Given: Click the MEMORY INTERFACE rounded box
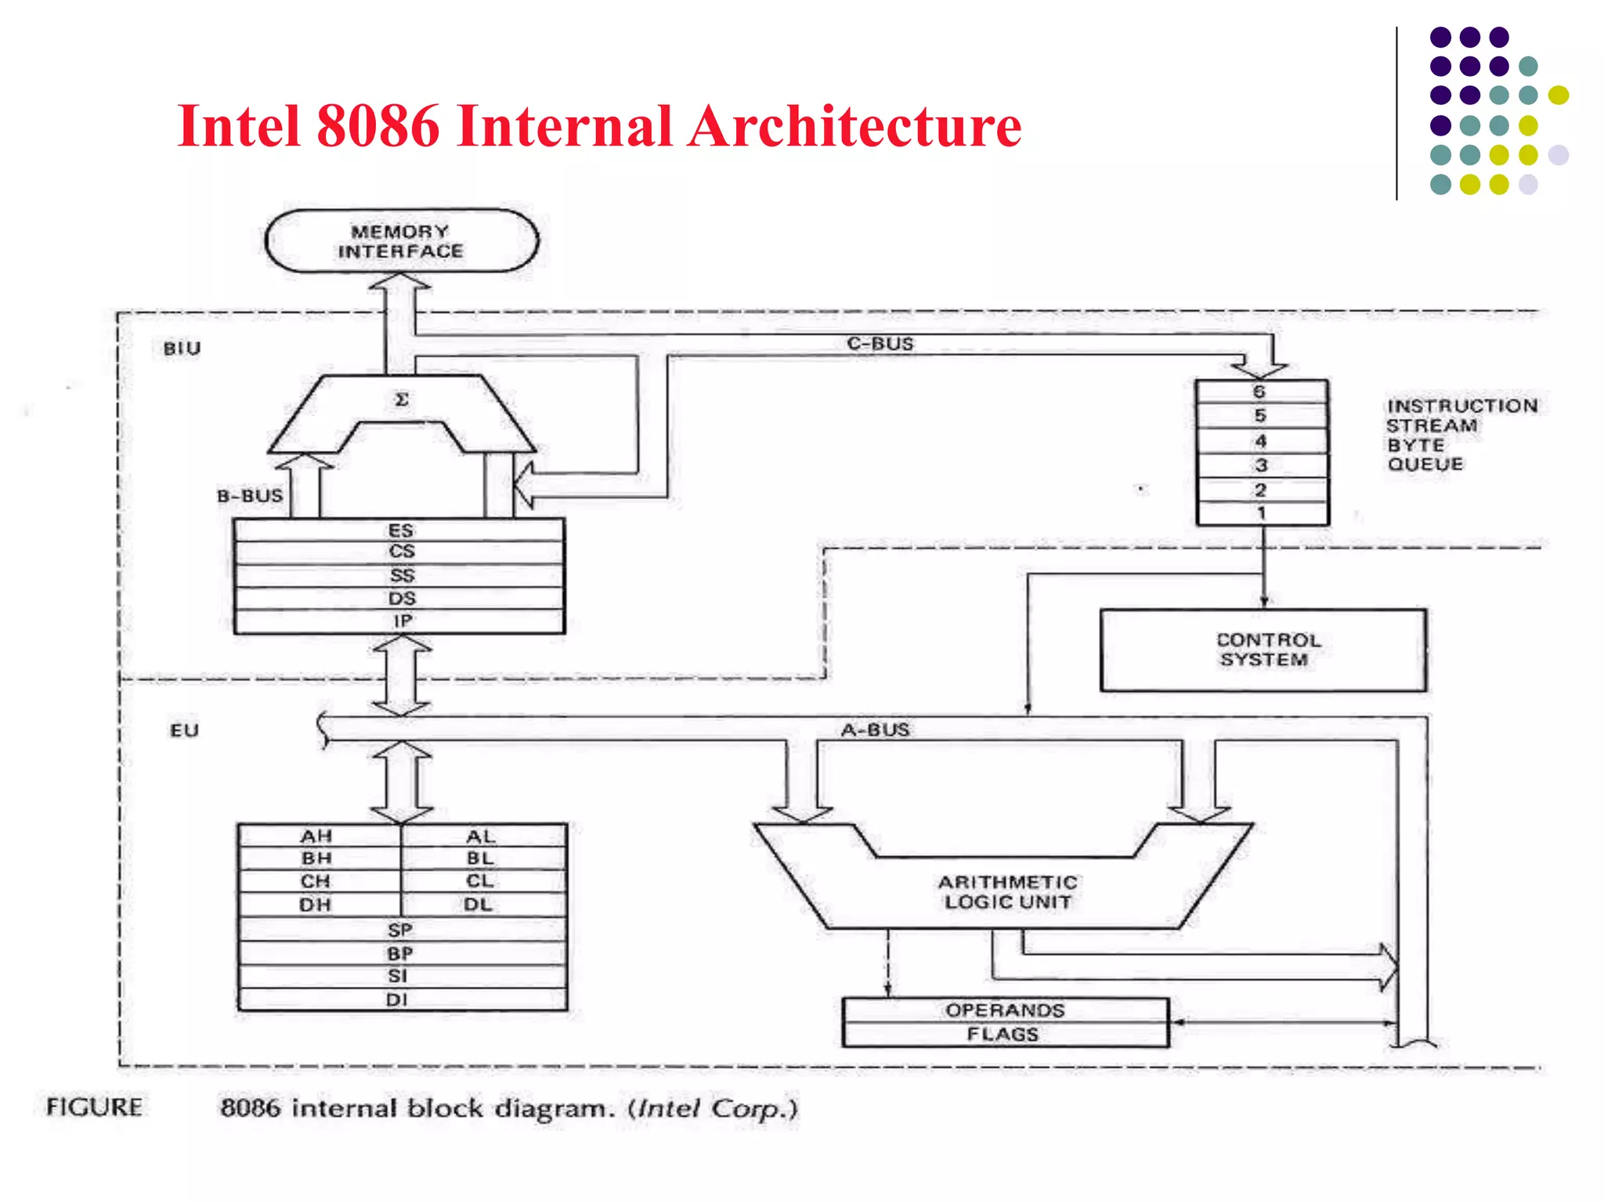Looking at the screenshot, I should click(x=401, y=241).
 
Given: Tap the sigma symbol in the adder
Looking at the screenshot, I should click(x=401, y=400).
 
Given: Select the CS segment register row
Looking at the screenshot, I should click(x=401, y=552).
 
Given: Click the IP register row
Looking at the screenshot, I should click(x=401, y=622).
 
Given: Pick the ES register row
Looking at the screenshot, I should click(x=401, y=530).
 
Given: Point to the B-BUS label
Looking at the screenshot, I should click(x=250, y=497).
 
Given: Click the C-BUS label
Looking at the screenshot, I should click(x=880, y=344).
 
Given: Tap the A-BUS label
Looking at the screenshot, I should click(x=875, y=730).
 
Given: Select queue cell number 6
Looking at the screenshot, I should click(x=1260, y=392).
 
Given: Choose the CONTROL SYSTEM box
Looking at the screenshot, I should click(x=1263, y=650).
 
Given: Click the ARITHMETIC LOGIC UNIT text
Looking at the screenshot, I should click(x=1007, y=892).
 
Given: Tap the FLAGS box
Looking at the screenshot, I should click(x=1003, y=1035).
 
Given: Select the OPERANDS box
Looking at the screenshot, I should click(x=1005, y=1010).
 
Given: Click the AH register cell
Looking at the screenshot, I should click(x=317, y=836).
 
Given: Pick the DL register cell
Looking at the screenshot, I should click(x=479, y=905).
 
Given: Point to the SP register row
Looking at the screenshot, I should click(x=400, y=930).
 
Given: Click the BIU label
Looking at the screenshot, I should click(x=182, y=349).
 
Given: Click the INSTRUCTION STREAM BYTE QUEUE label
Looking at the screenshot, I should click(x=1461, y=435).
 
